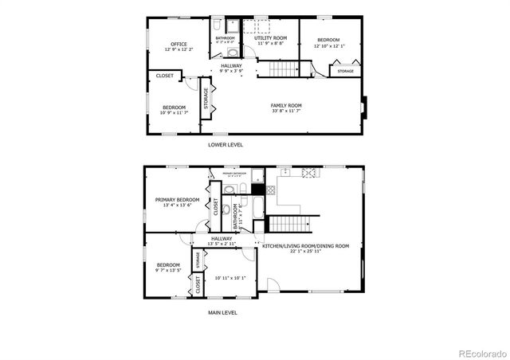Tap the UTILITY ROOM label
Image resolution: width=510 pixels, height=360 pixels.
[x=270, y=37]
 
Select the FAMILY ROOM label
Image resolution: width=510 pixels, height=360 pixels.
[x=286, y=105]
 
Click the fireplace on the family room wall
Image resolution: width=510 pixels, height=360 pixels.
[x=363, y=106]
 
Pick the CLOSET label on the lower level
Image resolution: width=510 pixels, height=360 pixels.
[x=165, y=76]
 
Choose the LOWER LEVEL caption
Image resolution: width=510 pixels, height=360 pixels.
[x=226, y=145]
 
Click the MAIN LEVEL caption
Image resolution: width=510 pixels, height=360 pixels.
[x=223, y=312]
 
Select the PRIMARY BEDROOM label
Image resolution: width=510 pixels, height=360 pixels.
[x=177, y=200]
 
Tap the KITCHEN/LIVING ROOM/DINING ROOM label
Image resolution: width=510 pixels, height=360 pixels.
[x=306, y=246]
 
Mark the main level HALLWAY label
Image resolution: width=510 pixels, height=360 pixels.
[x=222, y=238]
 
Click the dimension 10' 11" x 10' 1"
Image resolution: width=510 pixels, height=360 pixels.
[x=230, y=277]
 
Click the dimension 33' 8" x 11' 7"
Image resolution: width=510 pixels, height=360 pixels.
[x=286, y=111]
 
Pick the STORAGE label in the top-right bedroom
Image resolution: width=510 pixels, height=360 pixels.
[x=346, y=72]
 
